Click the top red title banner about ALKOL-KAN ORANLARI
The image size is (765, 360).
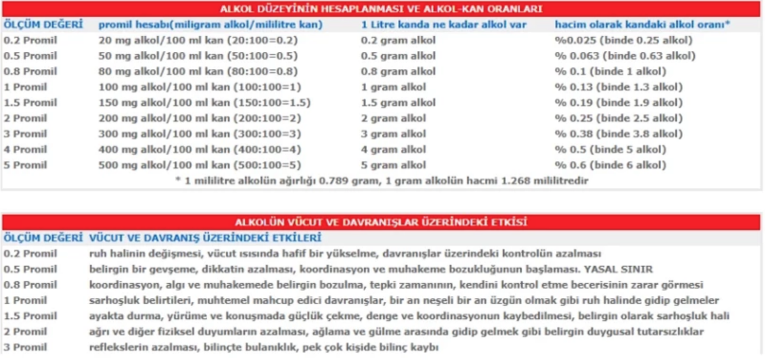click(x=381, y=9)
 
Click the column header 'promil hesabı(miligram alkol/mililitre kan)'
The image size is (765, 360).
click(x=210, y=24)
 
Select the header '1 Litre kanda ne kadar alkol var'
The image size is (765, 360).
click(x=443, y=24)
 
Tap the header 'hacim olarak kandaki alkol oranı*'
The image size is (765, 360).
click(x=642, y=24)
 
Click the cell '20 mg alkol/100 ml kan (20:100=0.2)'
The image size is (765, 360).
click(x=198, y=40)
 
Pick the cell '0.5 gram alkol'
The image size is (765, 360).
click(x=398, y=56)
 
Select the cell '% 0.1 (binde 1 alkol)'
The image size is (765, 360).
click(x=610, y=71)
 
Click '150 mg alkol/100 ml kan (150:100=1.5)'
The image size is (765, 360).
click(x=204, y=102)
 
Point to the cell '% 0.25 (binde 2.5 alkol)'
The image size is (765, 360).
click(x=618, y=118)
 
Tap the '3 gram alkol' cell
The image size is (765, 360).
click(x=393, y=134)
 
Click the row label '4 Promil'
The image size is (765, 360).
click(x=25, y=149)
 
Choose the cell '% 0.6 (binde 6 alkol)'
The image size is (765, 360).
click(x=610, y=165)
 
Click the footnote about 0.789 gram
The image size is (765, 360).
click(x=382, y=180)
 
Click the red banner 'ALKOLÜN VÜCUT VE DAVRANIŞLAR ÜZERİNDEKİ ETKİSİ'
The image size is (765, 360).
click(x=381, y=222)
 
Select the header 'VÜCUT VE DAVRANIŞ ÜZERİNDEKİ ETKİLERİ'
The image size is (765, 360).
click(x=205, y=238)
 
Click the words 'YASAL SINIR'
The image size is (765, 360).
click(x=618, y=269)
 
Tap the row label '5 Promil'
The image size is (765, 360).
click(x=25, y=165)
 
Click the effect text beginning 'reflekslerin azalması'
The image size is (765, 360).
click(x=263, y=347)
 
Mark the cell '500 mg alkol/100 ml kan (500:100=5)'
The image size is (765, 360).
click(x=200, y=165)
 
